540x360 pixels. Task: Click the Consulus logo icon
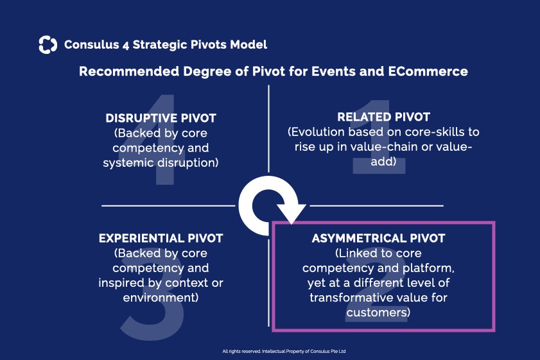click(48, 44)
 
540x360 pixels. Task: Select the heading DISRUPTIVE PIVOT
click(161, 118)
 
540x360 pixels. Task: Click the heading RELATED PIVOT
click(383, 117)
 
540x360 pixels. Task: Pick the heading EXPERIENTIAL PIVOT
click(161, 238)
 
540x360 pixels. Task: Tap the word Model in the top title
click(250, 44)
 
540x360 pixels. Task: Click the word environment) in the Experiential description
click(161, 298)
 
